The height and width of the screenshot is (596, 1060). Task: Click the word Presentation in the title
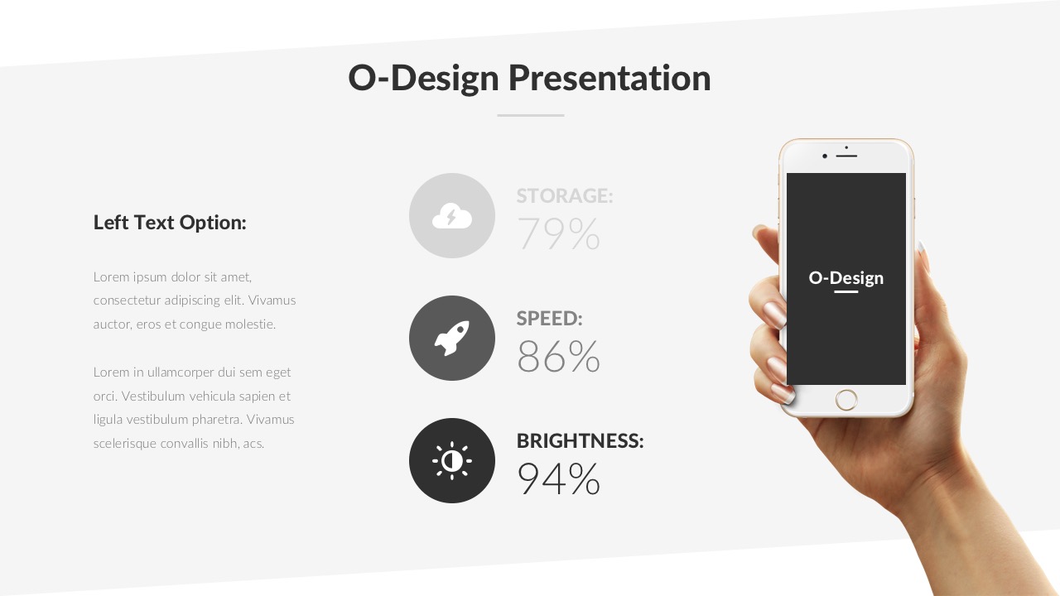coord(609,78)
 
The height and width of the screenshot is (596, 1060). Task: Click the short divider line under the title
coord(530,115)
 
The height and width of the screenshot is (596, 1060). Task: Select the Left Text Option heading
coord(170,223)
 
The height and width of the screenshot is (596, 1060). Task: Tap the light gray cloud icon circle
coord(452,216)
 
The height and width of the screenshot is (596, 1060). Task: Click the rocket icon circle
coord(452,339)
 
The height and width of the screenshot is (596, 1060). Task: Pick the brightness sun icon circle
coord(452,461)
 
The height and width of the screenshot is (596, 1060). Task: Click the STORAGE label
coord(564,196)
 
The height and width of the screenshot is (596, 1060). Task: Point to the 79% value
coord(558,234)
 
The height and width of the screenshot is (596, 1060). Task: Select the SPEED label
coord(549,319)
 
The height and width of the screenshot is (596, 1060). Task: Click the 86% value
coord(558,357)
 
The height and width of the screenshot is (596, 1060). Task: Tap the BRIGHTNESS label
coord(580,441)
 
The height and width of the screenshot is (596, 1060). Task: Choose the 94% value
coord(558,479)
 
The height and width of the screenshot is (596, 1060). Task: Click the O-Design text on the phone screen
coord(846,278)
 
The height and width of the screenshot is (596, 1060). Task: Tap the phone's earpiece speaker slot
coord(846,155)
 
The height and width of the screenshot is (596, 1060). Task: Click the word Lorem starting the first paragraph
coord(111,276)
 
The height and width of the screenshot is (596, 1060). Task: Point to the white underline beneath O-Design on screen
coord(846,292)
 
